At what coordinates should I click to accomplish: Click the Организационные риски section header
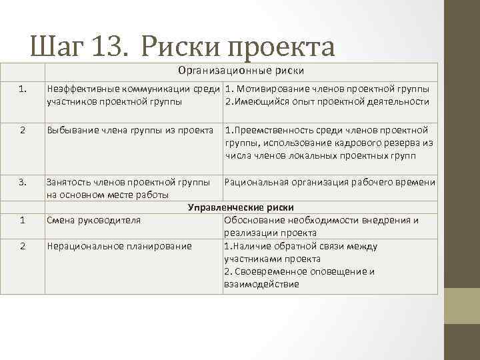pyautogui.click(x=241, y=71)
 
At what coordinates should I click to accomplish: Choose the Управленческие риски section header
pyautogui.click(x=241, y=208)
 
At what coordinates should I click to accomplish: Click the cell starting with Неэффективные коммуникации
pyautogui.click(x=133, y=95)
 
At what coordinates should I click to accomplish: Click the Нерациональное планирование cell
pyautogui.click(x=119, y=246)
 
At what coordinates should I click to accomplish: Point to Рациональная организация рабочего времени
pyautogui.click(x=331, y=183)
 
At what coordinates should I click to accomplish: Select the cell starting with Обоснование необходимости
pyautogui.click(x=321, y=227)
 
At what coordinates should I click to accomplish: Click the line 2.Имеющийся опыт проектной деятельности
pyautogui.click(x=327, y=101)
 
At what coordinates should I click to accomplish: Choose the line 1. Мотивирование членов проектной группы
pyautogui.click(x=327, y=89)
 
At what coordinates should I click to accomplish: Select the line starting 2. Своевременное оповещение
pyautogui.click(x=299, y=271)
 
